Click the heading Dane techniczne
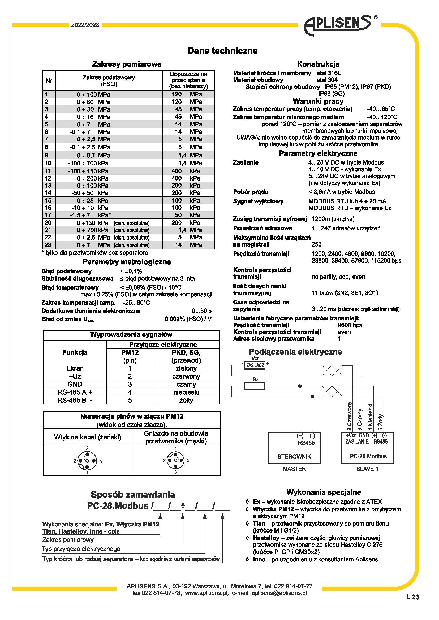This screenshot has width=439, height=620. [x=222, y=51]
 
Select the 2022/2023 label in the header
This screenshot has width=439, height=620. [x=85, y=25]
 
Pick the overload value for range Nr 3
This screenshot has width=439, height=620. [x=188, y=109]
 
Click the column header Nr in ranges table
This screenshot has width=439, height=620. [x=49, y=81]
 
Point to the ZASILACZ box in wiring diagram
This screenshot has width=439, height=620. [x=254, y=365]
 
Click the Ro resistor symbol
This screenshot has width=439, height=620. [x=254, y=386]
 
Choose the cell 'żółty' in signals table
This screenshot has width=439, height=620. [x=186, y=400]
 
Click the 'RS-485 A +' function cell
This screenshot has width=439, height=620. [x=75, y=392]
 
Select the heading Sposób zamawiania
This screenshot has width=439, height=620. [x=133, y=494]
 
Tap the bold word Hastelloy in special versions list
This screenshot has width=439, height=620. [x=266, y=538]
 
